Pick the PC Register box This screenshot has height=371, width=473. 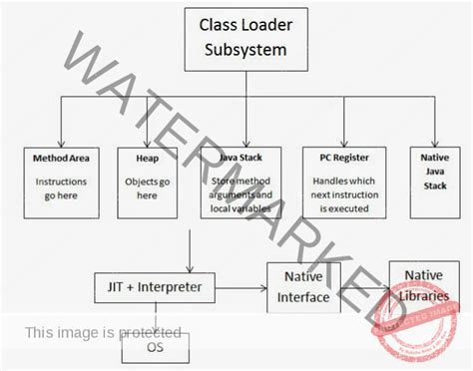click(x=339, y=182)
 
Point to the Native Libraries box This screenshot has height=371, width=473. click(x=422, y=284)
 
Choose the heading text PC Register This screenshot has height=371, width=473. click(x=339, y=158)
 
